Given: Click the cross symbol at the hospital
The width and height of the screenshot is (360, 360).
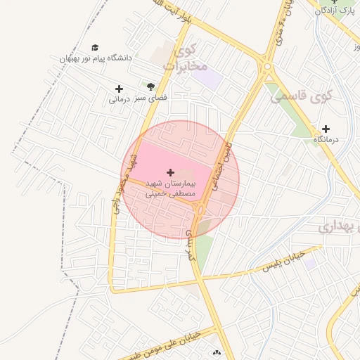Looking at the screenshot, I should (x=169, y=172).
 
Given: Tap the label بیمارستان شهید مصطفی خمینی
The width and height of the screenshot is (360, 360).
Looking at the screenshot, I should (x=169, y=188).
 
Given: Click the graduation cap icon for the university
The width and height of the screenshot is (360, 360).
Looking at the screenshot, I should (x=95, y=47).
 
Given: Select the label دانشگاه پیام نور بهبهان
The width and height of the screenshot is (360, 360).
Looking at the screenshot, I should (x=96, y=58).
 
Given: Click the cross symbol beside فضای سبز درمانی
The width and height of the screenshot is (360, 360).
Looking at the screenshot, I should (x=119, y=89).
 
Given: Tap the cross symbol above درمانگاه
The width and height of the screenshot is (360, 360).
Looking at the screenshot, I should (x=326, y=129).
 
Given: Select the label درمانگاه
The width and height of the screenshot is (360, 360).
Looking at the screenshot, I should (x=326, y=140).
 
